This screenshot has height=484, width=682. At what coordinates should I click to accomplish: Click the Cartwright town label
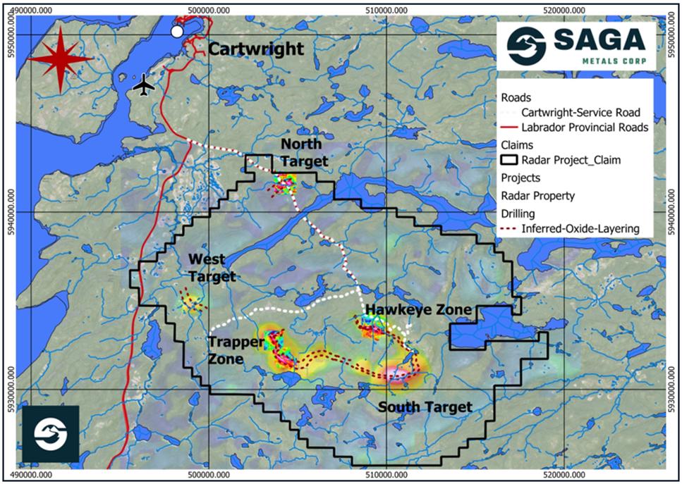click(255, 49)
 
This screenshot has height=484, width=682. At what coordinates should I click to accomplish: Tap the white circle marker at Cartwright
click(177, 31)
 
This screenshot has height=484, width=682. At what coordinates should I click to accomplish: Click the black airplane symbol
click(145, 86)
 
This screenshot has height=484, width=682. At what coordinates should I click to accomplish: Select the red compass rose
click(59, 58)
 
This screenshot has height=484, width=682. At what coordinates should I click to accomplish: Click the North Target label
click(305, 152)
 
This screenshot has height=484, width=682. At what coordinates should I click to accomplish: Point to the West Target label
click(212, 268)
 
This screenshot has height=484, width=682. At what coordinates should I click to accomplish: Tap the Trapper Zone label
click(235, 350)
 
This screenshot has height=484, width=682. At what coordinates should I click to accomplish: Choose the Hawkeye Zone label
click(418, 311)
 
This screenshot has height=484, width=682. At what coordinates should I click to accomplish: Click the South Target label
click(425, 407)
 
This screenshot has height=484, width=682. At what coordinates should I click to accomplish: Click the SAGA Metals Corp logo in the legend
click(576, 45)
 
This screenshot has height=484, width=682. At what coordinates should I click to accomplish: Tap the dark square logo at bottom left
click(50, 434)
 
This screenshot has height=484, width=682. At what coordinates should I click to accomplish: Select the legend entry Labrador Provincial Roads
click(584, 128)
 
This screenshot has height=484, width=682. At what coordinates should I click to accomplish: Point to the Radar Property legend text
click(537, 195)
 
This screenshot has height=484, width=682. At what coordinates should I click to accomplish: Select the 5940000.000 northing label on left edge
click(8, 211)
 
